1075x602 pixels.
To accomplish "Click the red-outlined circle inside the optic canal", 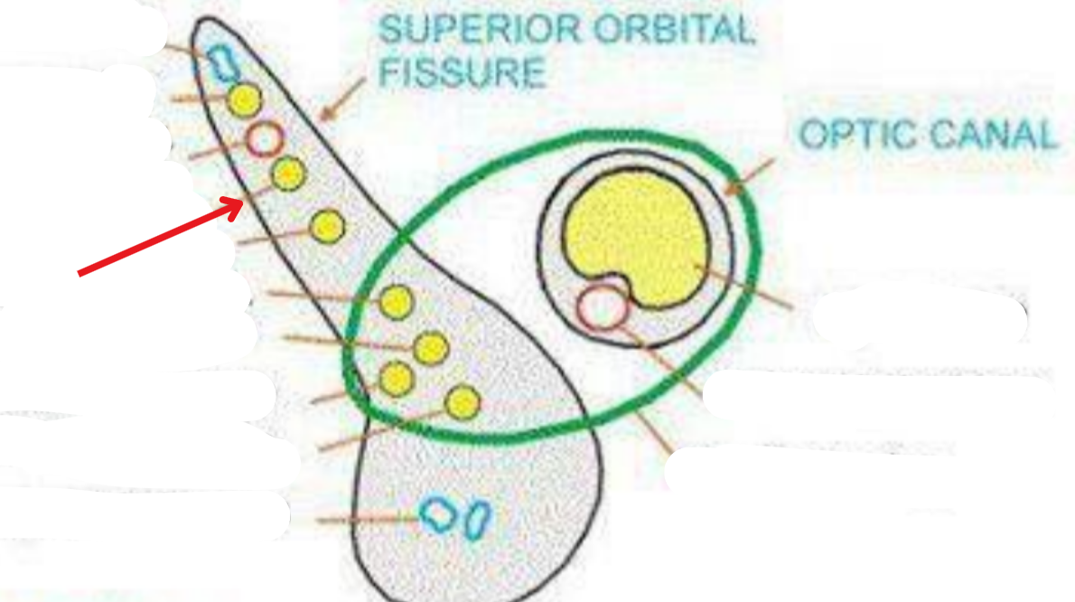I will (x=603, y=307).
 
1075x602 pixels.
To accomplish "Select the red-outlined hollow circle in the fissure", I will (x=265, y=139).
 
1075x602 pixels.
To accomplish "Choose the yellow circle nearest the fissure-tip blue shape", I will (x=243, y=99).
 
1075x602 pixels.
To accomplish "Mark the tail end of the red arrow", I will (x=79, y=273).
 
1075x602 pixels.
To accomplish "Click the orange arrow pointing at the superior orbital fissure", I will (x=341, y=100).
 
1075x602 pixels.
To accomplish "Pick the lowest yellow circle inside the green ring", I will (x=463, y=403).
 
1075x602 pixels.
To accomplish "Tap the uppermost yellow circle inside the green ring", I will (x=396, y=302).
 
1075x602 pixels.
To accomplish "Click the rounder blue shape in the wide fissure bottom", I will (x=439, y=515).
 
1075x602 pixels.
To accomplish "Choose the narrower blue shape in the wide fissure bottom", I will (x=478, y=518).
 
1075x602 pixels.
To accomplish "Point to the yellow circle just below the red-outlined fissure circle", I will (x=287, y=174).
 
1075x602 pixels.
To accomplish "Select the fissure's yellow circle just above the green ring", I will (x=327, y=226).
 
